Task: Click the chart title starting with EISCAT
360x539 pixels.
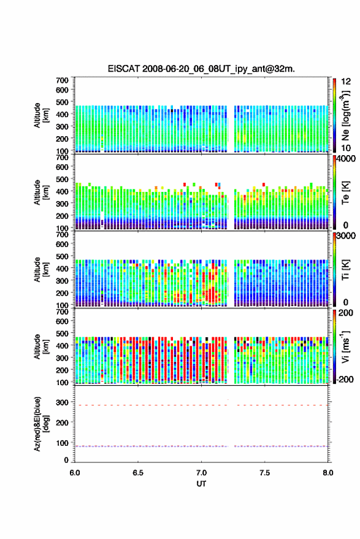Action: point(201,69)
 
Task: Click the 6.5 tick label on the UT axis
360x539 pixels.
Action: point(138,473)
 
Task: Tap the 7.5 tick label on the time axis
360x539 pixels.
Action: point(264,473)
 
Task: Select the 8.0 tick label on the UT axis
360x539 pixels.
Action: point(327,473)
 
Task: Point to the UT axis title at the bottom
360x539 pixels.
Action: point(201,484)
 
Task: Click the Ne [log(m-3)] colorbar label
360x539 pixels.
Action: point(345,115)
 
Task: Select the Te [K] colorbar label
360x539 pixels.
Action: point(345,193)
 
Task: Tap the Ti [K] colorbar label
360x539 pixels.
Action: point(345,270)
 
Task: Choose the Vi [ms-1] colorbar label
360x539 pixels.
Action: point(345,346)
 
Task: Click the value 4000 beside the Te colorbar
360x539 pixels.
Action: point(346,159)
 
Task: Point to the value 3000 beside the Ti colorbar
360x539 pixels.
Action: point(346,236)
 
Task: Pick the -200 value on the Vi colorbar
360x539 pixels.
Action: point(345,380)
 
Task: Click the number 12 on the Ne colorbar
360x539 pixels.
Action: point(346,82)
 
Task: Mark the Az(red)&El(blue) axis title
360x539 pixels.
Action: point(41,424)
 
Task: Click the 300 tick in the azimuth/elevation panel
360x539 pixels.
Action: point(62,402)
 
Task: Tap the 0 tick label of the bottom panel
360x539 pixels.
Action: point(66,460)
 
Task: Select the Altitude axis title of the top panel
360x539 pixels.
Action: point(41,115)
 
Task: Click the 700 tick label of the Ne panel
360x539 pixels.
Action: point(62,80)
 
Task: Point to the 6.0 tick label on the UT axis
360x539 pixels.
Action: point(75,473)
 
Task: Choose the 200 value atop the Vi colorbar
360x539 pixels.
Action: point(346,313)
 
